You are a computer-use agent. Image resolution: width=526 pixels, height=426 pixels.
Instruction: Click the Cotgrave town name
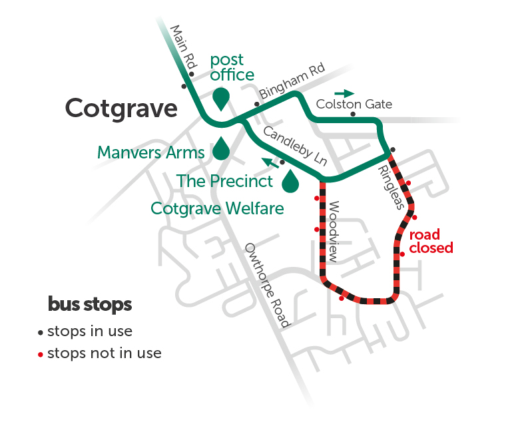tap(122, 108)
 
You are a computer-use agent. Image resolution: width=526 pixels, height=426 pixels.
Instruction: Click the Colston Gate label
tap(354, 105)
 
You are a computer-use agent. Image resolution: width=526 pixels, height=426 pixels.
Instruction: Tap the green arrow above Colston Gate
tap(345, 93)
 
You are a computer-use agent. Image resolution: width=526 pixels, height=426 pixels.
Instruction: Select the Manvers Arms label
tap(150, 152)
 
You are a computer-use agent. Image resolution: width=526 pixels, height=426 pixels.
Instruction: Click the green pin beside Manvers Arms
tap(221, 149)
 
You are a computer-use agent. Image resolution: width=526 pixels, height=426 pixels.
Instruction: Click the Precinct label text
tap(225, 181)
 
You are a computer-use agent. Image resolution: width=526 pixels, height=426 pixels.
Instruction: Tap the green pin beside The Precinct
tap(290, 181)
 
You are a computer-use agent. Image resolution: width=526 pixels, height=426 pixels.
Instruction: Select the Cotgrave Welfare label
tap(217, 208)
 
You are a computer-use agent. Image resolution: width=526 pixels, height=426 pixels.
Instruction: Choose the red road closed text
tap(431, 241)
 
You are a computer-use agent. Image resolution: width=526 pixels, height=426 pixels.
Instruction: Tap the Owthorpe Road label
tap(268, 286)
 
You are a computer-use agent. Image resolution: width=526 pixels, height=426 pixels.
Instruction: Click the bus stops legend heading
tap(90, 305)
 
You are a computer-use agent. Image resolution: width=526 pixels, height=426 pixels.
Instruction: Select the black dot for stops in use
tap(41, 332)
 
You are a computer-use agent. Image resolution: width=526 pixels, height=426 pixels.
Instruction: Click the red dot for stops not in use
tap(41, 354)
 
